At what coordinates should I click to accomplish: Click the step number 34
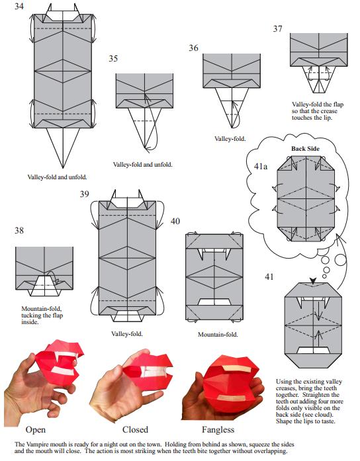(19, 6)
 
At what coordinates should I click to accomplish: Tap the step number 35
(113, 58)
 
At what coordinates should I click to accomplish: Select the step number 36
(193, 48)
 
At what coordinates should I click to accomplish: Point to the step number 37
(278, 28)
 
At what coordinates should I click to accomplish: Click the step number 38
(19, 230)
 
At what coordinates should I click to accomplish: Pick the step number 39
(85, 194)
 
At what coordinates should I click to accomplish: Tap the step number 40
(175, 221)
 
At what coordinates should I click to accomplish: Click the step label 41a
(261, 167)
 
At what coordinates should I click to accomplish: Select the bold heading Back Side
(305, 148)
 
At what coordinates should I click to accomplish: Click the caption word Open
(36, 430)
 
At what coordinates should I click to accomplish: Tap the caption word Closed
(135, 429)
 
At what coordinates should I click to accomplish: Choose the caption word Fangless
(218, 430)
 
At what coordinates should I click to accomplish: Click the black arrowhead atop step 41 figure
(313, 281)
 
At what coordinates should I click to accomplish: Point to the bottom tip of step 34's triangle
(63, 168)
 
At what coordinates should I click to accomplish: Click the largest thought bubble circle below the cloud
(341, 260)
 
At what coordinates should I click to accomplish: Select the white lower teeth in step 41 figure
(313, 351)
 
